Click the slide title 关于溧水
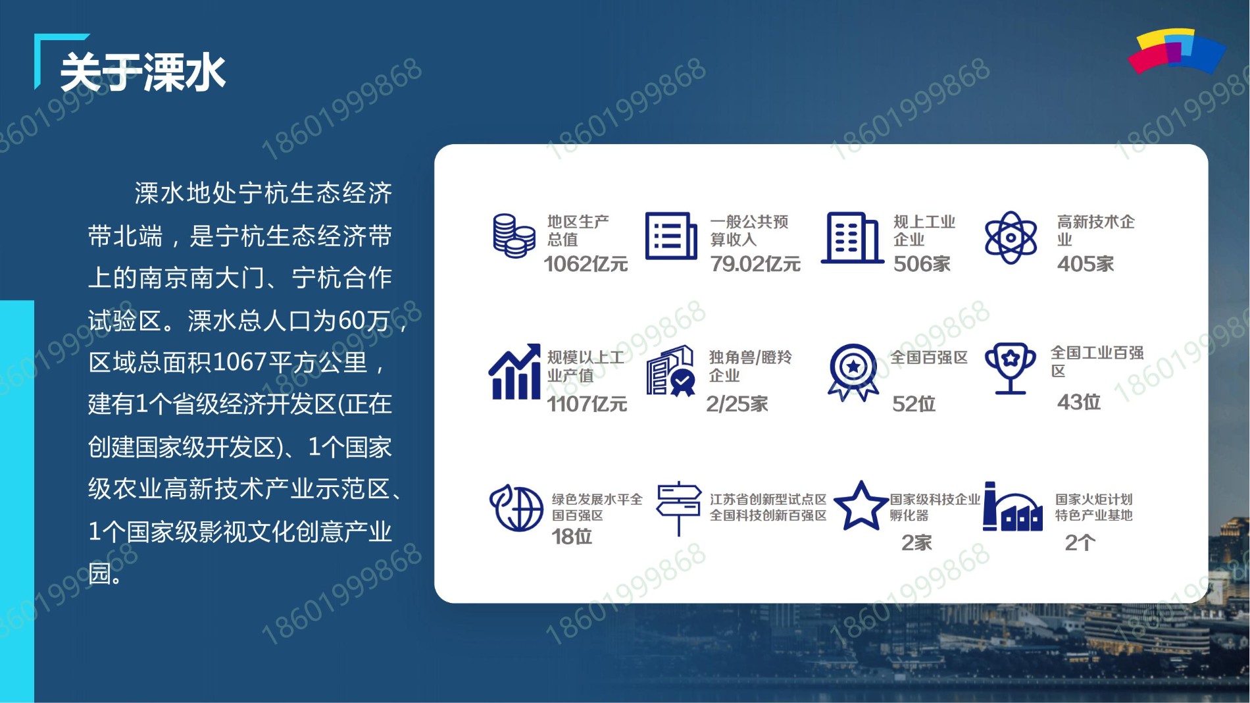click(143, 72)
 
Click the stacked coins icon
click(514, 236)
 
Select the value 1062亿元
click(586, 265)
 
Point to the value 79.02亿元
click(755, 265)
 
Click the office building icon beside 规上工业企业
click(852, 238)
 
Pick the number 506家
click(922, 265)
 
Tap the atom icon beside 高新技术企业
click(1011, 238)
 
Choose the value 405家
click(1086, 265)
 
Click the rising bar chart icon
click(514, 372)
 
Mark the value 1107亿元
click(587, 404)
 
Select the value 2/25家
click(737, 404)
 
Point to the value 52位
click(914, 404)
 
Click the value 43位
click(1079, 402)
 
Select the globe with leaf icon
click(516, 508)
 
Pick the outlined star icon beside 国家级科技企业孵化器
click(861, 506)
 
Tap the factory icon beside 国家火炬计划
click(1013, 506)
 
